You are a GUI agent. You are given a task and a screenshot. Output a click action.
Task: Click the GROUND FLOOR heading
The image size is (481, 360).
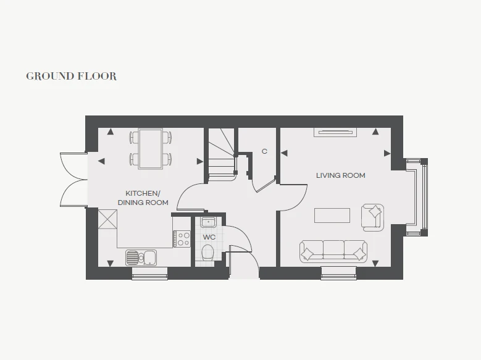71,76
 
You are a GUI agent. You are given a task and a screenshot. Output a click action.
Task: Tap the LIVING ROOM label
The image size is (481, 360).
340,175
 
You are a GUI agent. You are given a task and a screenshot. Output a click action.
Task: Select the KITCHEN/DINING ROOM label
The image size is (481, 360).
143,198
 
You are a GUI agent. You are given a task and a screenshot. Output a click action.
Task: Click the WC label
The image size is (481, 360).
209,237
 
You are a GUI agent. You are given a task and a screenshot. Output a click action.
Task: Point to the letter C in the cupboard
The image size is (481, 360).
264,151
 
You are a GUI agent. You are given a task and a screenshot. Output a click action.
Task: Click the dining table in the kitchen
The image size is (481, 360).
151,149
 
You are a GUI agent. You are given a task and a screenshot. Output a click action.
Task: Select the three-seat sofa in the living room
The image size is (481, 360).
333,251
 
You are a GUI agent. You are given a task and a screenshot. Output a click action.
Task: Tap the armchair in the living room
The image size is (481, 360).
372,217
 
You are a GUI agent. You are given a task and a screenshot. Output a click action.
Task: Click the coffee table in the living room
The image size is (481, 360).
332,215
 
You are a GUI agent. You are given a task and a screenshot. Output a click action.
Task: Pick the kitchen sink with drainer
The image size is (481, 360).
141,257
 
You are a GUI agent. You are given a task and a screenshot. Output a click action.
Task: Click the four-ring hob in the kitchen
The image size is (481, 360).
182,239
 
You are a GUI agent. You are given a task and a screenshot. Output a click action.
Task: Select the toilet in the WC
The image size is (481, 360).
207,253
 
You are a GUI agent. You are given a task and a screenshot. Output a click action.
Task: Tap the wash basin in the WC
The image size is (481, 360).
208,222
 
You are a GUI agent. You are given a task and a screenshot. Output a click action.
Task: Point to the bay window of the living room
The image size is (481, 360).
417,197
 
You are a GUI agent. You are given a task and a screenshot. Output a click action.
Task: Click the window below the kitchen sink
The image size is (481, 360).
149,274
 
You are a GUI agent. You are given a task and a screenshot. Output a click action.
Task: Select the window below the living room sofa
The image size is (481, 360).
339,273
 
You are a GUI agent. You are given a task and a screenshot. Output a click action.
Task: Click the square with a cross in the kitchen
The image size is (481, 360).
107,219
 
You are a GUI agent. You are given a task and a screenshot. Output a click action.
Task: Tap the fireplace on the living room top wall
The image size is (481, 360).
335,132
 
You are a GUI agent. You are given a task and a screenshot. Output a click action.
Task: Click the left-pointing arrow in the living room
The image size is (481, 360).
284,153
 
